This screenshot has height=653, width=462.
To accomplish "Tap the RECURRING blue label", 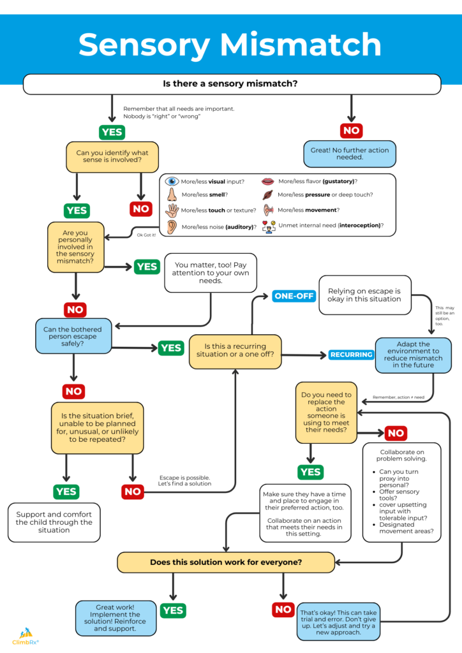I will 350,355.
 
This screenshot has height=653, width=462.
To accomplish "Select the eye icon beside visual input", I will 172,182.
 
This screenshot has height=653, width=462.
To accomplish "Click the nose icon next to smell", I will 172,195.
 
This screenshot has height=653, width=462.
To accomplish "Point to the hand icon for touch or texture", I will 172,210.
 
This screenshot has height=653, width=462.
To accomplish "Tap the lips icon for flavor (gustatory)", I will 268,182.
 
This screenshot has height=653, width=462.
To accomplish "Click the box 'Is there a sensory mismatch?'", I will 232,84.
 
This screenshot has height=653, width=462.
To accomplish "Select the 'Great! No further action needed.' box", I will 350,154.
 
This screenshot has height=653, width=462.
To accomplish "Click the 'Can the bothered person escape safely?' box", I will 72,336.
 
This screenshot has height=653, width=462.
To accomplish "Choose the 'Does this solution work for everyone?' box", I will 226,562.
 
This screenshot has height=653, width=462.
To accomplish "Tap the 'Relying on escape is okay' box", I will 364,295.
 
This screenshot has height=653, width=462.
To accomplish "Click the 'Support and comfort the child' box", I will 54,522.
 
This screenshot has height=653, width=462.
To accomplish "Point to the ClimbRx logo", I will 25,637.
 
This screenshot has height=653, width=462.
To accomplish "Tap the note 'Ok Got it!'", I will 146,235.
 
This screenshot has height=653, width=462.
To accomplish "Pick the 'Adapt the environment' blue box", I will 413,355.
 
